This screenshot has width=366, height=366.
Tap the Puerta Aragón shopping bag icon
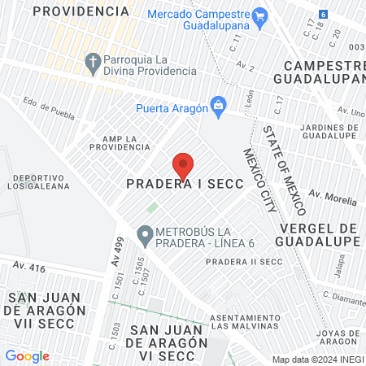(217, 104)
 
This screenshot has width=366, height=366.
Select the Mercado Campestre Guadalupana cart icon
(260, 16)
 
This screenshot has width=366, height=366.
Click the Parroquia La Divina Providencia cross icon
(93, 62)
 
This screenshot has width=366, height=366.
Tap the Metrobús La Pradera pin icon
(145, 237)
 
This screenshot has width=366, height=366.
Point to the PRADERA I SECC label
(185, 185)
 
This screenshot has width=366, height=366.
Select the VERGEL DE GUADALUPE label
(319, 234)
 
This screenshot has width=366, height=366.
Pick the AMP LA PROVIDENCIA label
(120, 142)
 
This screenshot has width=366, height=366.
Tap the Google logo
(27, 356)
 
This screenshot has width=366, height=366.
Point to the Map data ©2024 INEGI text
(316, 359)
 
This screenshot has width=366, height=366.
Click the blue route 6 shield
(324, 15)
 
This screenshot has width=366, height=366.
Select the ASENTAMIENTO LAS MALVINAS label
(246, 320)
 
